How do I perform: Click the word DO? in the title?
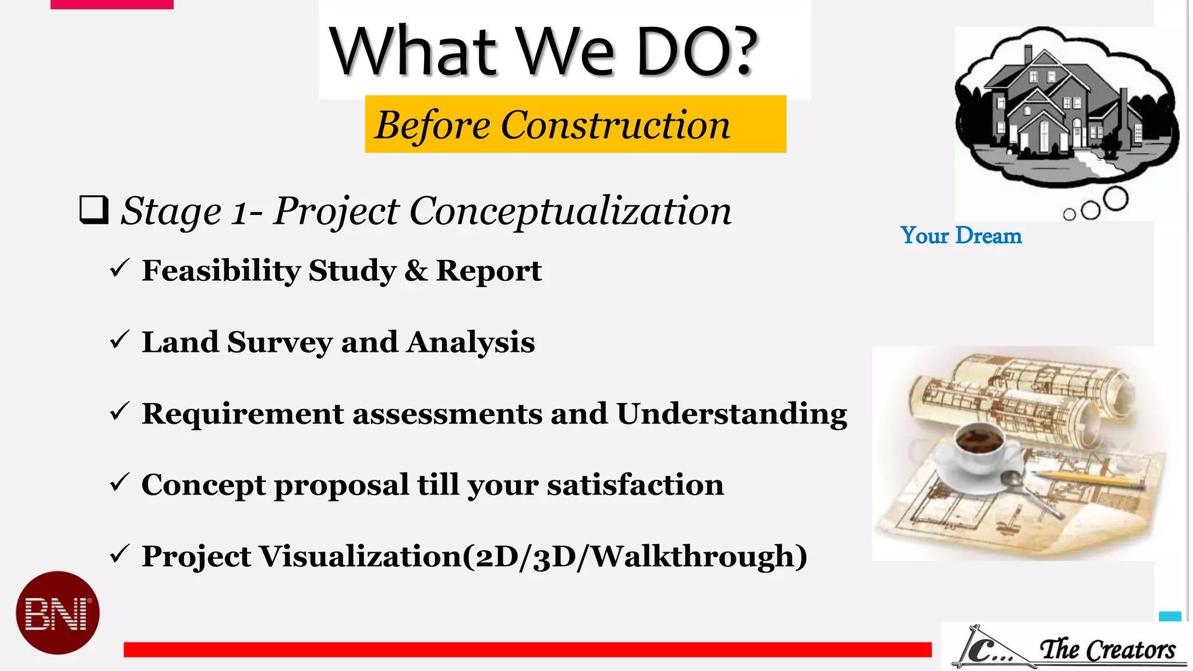[x=696, y=52]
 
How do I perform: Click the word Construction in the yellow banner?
[x=615, y=125]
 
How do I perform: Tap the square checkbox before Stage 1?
[x=94, y=210]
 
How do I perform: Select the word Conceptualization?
[x=570, y=211]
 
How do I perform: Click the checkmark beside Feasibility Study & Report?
[x=119, y=269]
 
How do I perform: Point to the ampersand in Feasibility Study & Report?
[x=415, y=271]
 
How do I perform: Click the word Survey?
[x=280, y=342]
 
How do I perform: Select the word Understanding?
[x=732, y=414]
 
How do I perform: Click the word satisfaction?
[x=635, y=485]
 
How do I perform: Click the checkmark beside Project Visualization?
[x=119, y=555]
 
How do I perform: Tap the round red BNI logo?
[x=58, y=613]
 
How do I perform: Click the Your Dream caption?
[x=961, y=236]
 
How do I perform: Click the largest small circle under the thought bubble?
[x=1115, y=199]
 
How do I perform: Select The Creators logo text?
[x=1107, y=649]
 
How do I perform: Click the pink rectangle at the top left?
[x=112, y=4]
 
